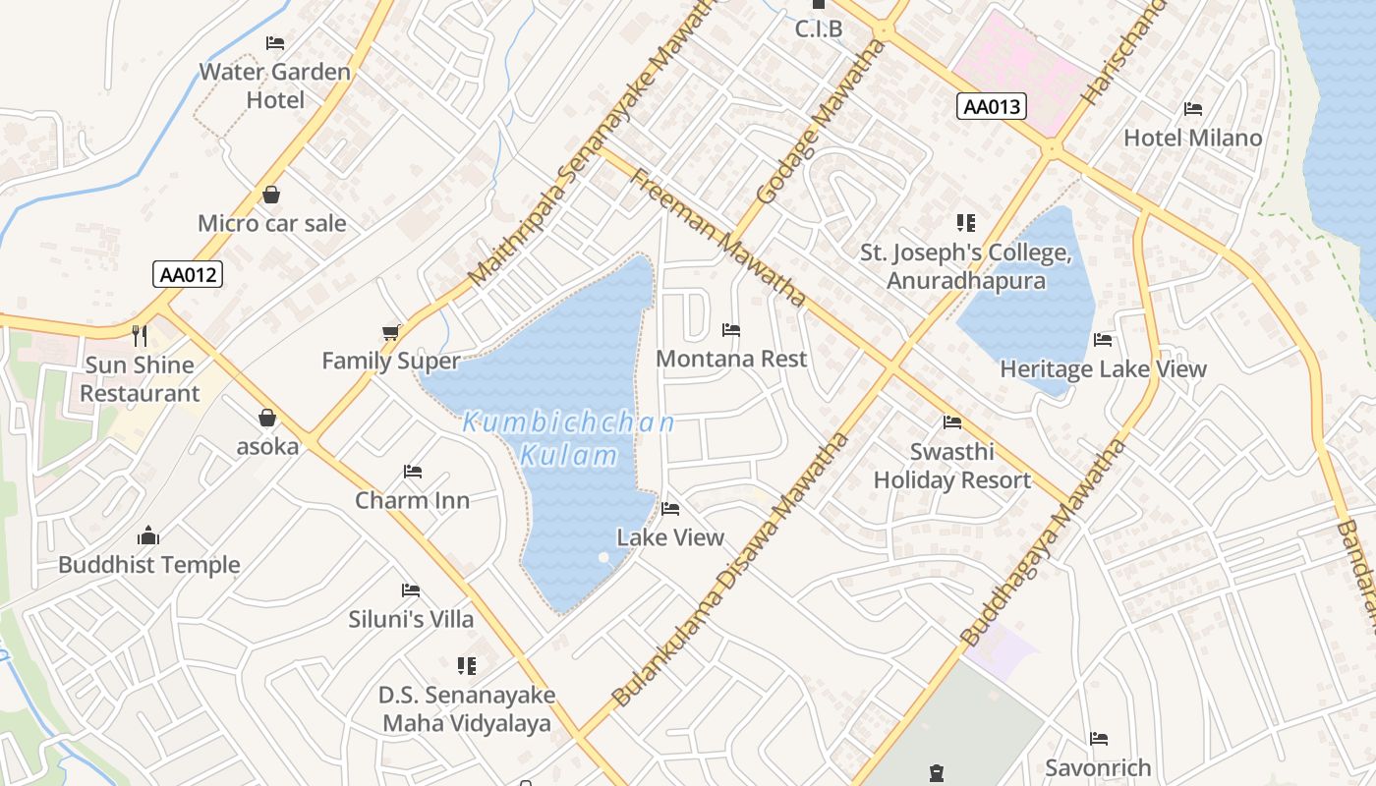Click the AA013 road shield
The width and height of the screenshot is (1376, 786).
pyautogui.click(x=992, y=106)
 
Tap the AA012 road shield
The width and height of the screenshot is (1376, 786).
pyautogui.click(x=188, y=274)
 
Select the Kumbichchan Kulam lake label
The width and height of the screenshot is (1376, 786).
pyautogui.click(x=569, y=439)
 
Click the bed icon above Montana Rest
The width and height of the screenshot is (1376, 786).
pyautogui.click(x=731, y=330)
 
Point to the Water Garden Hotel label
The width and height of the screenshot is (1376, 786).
pyautogui.click(x=274, y=85)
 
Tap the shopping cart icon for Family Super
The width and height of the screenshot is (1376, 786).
pyautogui.click(x=391, y=333)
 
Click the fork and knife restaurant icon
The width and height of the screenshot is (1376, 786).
pyautogui.click(x=140, y=336)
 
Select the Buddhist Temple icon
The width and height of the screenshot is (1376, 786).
pyautogui.click(x=148, y=535)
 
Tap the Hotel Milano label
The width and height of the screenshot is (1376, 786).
pyautogui.click(x=1192, y=138)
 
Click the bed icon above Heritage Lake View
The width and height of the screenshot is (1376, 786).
pyautogui.click(x=1103, y=340)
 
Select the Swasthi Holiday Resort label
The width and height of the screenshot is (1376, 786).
pyautogui.click(x=951, y=467)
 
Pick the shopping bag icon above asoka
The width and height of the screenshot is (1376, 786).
pyautogui.click(x=267, y=418)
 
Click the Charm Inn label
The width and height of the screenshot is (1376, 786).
pyautogui.click(x=412, y=500)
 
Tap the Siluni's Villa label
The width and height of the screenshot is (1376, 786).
pyautogui.click(x=411, y=619)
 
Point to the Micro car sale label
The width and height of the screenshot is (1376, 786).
pyautogui.click(x=272, y=223)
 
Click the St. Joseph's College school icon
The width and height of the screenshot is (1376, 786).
pyautogui.click(x=966, y=223)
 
